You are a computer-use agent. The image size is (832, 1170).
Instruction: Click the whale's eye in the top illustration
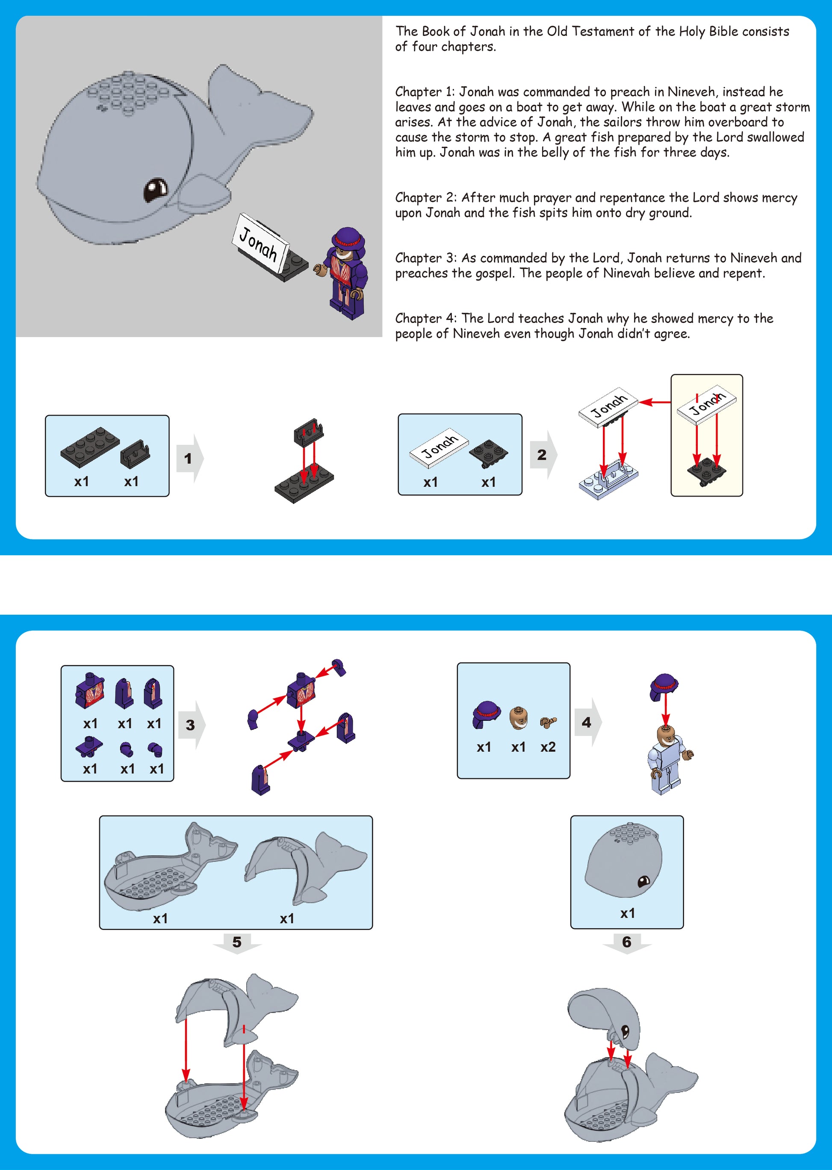tap(155, 190)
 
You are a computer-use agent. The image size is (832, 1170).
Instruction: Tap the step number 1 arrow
tap(189, 458)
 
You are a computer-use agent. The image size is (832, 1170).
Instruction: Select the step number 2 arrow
tap(543, 455)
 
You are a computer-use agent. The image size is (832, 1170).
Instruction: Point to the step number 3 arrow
tap(192, 725)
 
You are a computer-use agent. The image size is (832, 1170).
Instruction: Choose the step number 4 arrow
tap(587, 722)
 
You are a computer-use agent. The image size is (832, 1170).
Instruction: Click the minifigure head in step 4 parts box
tap(519, 717)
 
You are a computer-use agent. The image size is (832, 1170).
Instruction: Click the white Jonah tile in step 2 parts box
tap(439, 447)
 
